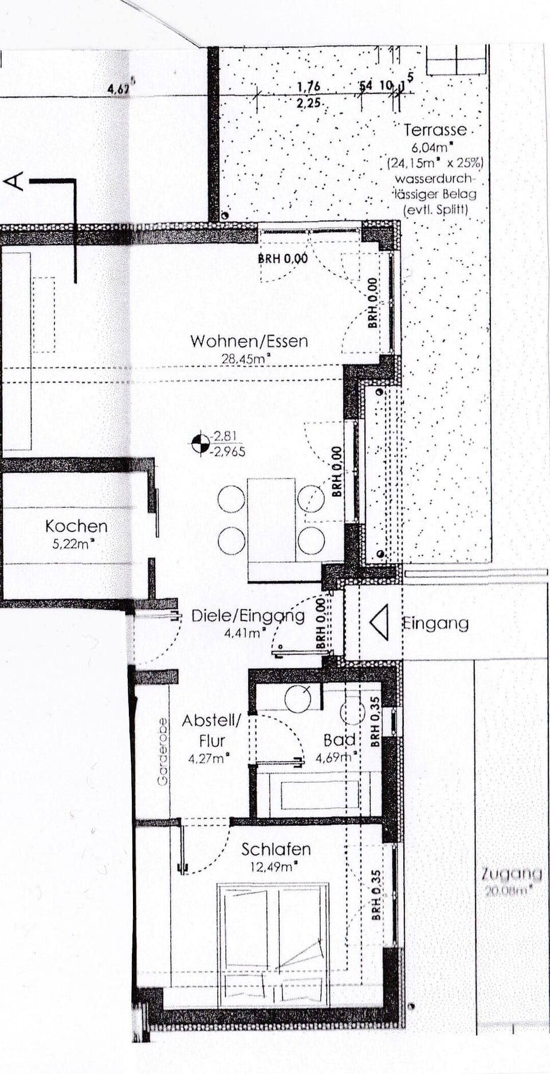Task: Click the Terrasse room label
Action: coord(435,130)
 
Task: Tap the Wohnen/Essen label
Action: coord(249,342)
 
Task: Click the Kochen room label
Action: coord(76,526)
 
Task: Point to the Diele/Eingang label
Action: coord(247,616)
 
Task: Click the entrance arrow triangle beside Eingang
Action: coord(379,622)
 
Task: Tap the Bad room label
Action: coord(339,740)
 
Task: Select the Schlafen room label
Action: coord(276,849)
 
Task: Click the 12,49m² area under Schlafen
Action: coord(273,867)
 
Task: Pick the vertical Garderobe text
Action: coord(163,751)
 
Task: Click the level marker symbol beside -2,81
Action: coord(201,444)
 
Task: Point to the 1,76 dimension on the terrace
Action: coord(309,87)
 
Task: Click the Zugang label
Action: coord(512,874)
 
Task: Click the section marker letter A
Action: coord(14,181)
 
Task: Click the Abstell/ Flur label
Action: coord(211,731)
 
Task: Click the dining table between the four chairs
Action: coord(272,519)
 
